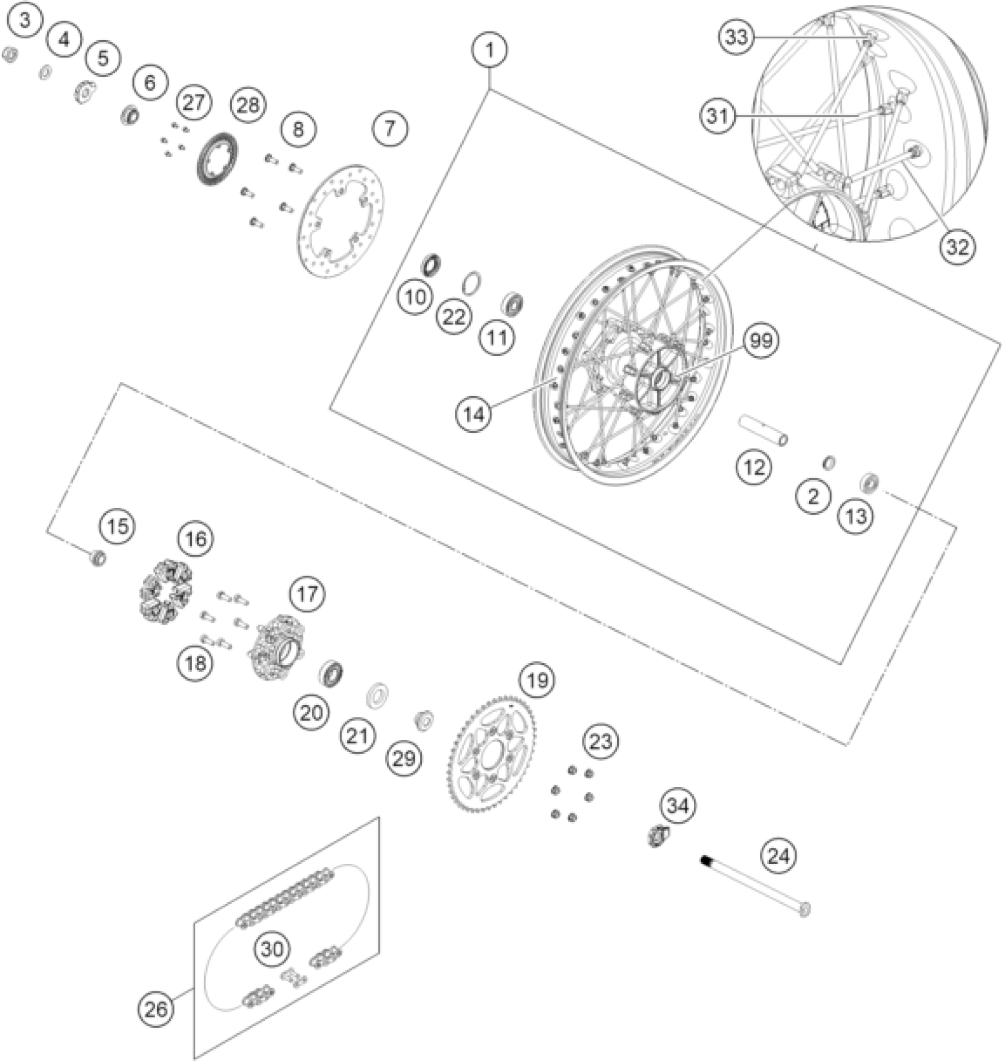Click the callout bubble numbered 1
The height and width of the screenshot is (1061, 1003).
pyautogui.click(x=490, y=50)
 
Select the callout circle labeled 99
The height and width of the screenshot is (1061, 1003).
pyautogui.click(x=761, y=341)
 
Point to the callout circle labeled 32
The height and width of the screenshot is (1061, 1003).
pyautogui.click(x=958, y=246)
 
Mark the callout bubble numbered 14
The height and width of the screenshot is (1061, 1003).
pyautogui.click(x=474, y=414)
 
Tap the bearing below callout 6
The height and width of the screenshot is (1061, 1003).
pyautogui.click(x=130, y=114)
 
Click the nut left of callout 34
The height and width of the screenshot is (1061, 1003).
pyautogui.click(x=656, y=835)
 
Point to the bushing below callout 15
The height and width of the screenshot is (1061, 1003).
pyautogui.click(x=97, y=557)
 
